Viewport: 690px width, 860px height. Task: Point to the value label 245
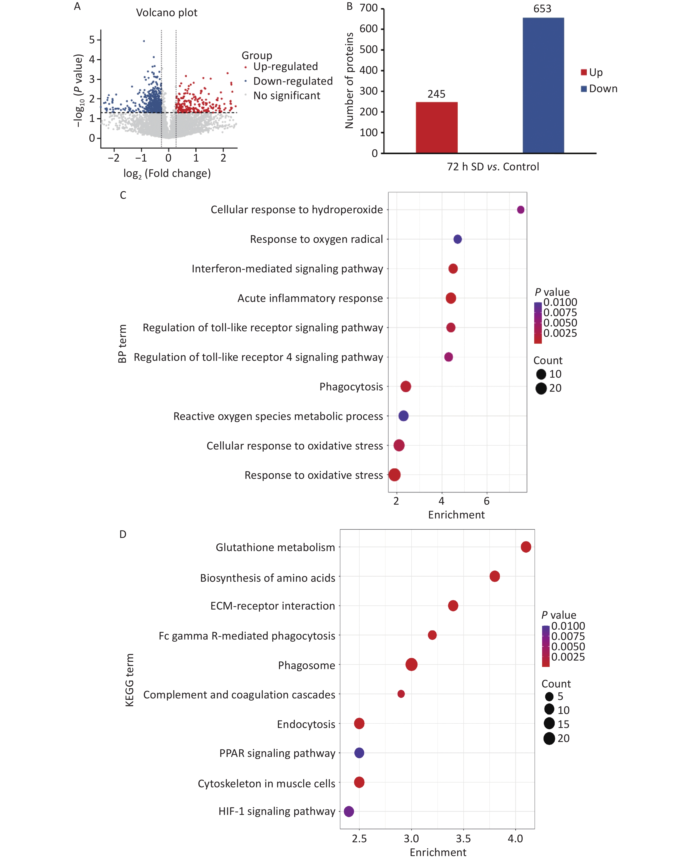436,94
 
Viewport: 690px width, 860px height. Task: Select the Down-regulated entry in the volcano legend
292,81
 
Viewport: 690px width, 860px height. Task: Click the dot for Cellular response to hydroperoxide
520,210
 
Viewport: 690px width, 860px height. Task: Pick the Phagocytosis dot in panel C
405,386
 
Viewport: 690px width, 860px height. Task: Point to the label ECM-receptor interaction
272,606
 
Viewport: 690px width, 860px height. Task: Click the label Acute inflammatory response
310,298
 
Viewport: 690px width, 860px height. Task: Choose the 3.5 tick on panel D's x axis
463,839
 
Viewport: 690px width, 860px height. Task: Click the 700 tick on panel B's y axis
368,8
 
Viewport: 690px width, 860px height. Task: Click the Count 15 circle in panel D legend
549,723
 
